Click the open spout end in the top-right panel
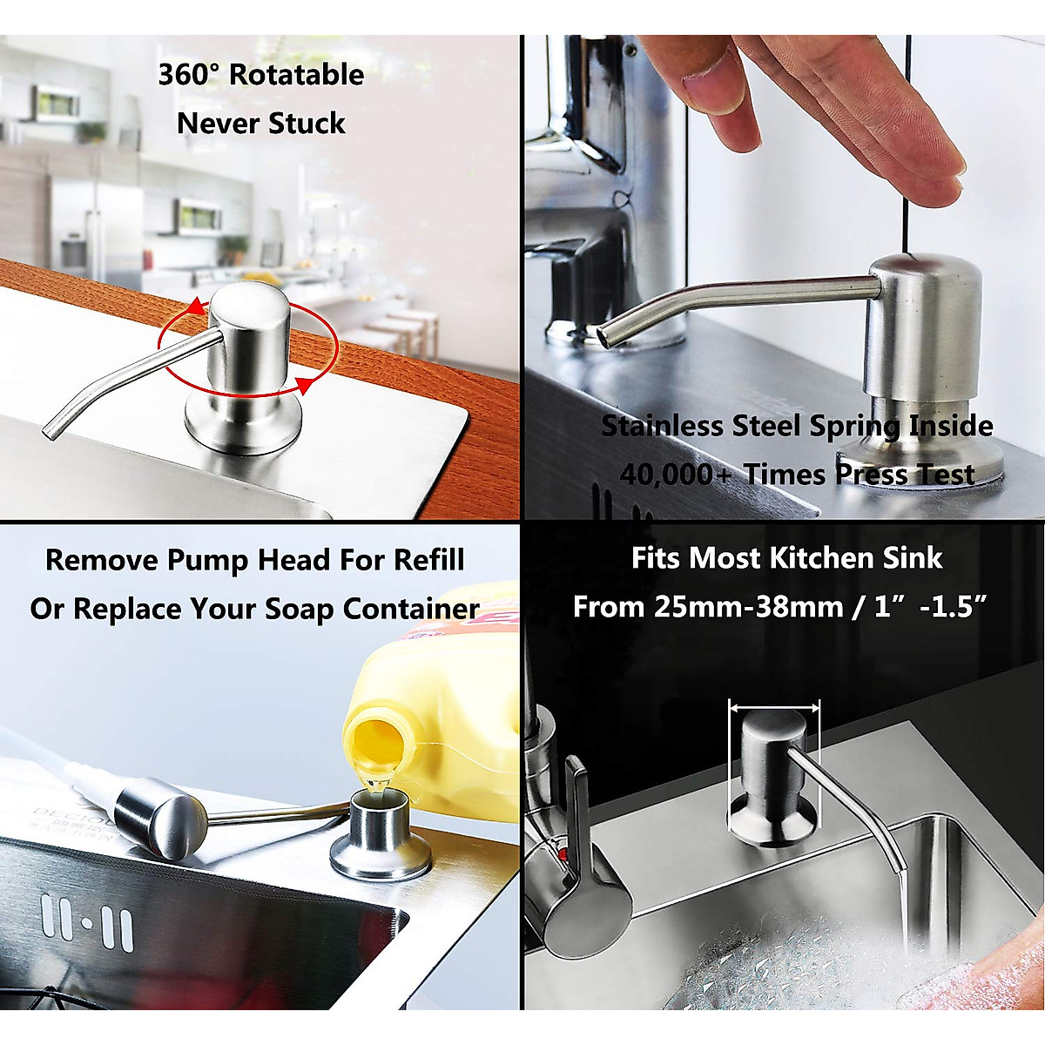(x=606, y=334)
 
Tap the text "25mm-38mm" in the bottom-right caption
(x=747, y=607)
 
